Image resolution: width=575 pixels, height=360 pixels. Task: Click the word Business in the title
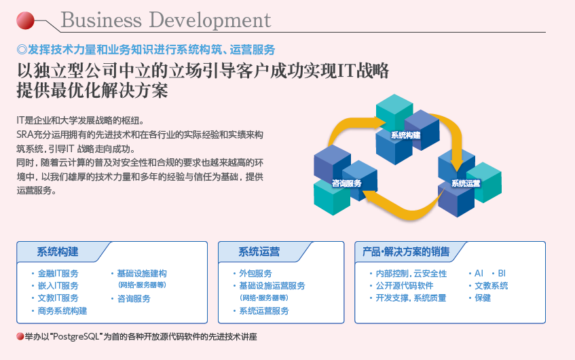coord(101,20)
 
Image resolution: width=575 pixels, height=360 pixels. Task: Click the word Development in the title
coord(210,21)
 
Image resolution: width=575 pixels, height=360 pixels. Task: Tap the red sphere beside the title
coord(25,20)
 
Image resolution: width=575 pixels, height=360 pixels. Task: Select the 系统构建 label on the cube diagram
coord(405,135)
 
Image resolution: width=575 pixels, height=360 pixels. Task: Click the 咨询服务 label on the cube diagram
coord(346,183)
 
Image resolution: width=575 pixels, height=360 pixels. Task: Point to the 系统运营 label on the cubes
coord(466,183)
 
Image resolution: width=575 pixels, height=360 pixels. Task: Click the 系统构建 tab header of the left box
coord(58,252)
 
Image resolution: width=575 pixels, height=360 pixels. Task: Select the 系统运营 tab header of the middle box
coord(259,252)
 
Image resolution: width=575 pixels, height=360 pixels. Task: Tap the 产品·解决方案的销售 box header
coord(406,252)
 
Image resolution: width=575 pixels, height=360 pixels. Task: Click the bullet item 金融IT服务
coord(58,273)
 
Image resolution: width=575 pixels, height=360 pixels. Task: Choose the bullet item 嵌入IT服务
coord(58,286)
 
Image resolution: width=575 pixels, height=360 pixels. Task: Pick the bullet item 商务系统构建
coord(62,311)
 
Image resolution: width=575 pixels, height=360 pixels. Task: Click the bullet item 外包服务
coord(256,273)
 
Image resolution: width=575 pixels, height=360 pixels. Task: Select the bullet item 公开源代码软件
coord(405,286)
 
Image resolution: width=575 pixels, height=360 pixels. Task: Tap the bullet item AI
coord(479,273)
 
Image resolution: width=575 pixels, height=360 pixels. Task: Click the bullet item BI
coord(502,273)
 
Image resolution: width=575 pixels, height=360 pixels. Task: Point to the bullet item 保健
coord(483,298)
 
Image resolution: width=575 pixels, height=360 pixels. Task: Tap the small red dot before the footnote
coord(20,336)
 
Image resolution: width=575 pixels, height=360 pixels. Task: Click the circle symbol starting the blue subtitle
coord(22,50)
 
